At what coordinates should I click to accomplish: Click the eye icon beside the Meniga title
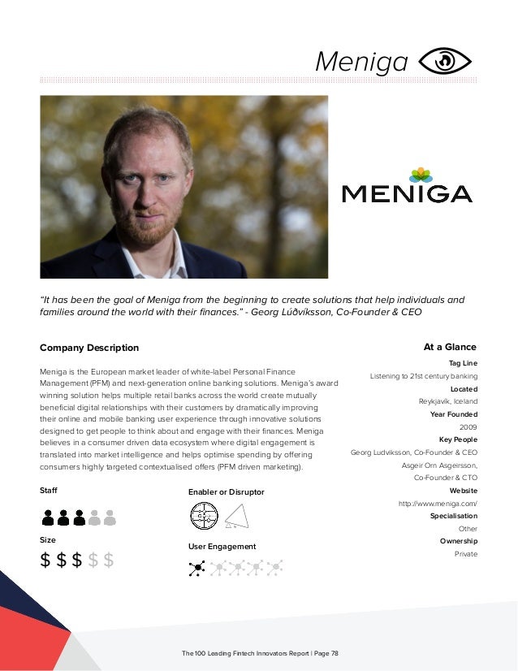(446, 60)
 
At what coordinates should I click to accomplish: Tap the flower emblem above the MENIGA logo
(420, 175)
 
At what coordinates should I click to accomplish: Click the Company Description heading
(89, 348)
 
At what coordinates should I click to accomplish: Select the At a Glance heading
(450, 347)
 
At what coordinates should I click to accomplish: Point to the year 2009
(468, 426)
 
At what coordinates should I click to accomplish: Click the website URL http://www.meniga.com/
(438, 504)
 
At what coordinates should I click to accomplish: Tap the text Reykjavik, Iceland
(443, 401)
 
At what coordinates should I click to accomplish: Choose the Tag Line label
(463, 363)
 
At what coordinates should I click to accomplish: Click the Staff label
(49, 491)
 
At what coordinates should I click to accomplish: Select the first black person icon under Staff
(49, 517)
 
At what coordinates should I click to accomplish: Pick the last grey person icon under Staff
(110, 517)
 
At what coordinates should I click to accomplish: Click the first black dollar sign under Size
(47, 560)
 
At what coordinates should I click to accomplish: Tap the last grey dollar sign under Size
(108, 560)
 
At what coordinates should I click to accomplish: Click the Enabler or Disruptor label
(226, 492)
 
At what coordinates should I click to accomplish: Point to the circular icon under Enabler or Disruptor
(204, 515)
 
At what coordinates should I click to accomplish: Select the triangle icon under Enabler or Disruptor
(235, 515)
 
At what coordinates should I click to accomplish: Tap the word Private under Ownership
(466, 554)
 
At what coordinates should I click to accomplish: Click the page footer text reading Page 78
(324, 652)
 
